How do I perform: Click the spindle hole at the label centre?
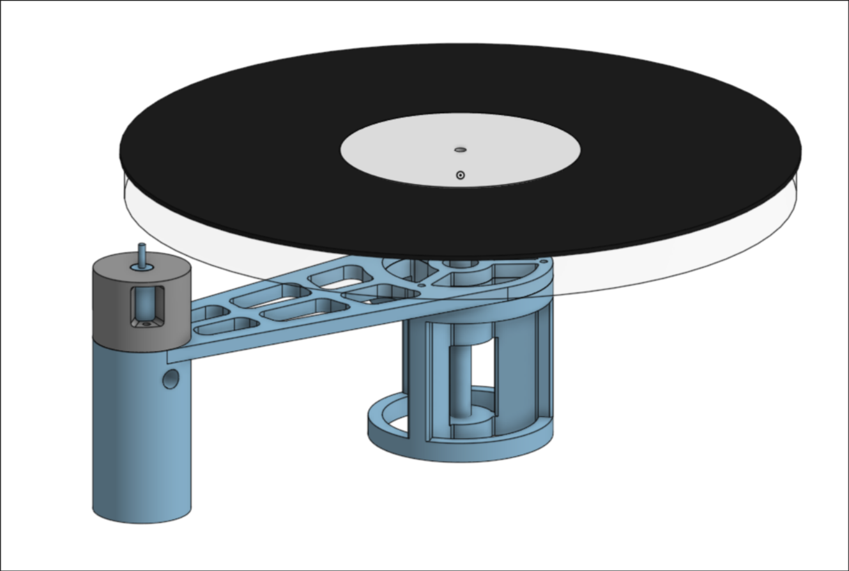(460, 150)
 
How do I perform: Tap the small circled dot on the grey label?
(460, 175)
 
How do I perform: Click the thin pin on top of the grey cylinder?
(142, 253)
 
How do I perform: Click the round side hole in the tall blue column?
(171, 379)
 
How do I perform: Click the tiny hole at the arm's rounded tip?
(544, 261)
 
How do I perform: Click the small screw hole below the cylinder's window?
(146, 324)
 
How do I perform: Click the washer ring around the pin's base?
(142, 267)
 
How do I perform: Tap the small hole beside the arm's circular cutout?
(421, 285)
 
